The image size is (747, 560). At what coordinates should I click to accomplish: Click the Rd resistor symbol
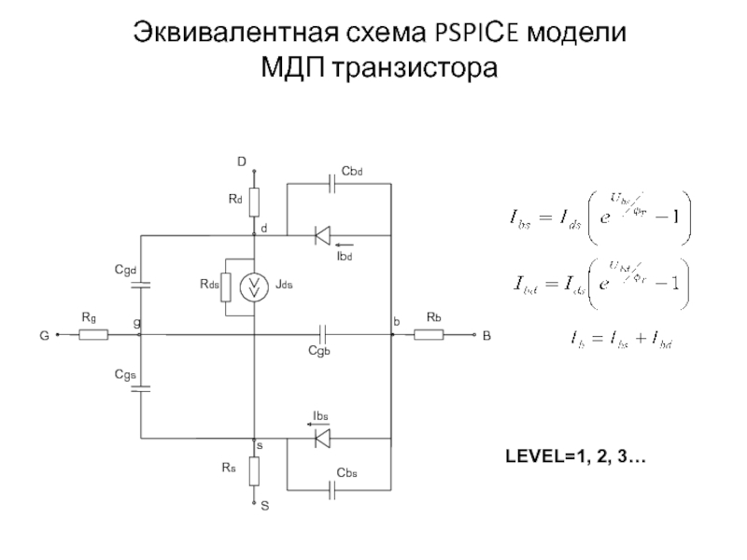coord(254,199)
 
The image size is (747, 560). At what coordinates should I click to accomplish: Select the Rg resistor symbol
coord(93,333)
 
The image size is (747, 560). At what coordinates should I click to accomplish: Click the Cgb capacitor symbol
coord(322,333)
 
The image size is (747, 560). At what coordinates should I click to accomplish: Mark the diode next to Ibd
coord(322,232)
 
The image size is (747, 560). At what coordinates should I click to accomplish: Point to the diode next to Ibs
coord(322,436)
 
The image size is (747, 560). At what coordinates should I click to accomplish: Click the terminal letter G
coord(43,334)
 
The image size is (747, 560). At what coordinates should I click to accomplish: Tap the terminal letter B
coord(486,334)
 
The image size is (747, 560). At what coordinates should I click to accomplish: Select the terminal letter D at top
coord(241,162)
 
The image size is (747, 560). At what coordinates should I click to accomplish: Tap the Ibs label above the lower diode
coord(320,414)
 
